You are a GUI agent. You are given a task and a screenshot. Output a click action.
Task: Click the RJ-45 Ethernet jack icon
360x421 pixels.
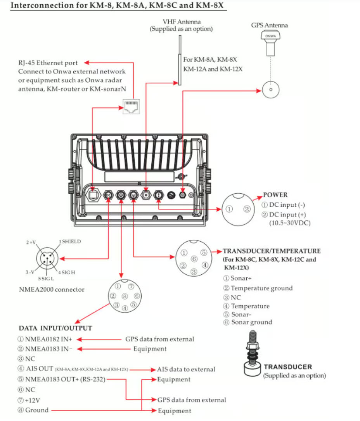pyautogui.click(x=131, y=107)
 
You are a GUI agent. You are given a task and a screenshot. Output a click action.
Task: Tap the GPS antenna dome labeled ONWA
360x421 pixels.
pyautogui.click(x=270, y=35)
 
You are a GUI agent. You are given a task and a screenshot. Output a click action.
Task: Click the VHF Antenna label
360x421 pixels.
pyautogui.click(x=182, y=22)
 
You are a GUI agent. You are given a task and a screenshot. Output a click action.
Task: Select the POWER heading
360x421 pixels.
pyautogui.click(x=275, y=195)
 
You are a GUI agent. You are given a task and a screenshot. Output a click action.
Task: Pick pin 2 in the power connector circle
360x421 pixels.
pyautogui.click(x=247, y=209)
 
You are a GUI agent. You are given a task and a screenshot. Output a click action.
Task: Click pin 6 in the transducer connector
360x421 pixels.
pyautogui.click(x=194, y=259)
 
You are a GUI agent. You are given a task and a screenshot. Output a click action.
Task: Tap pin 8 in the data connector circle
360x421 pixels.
pyautogui.click(x=125, y=296)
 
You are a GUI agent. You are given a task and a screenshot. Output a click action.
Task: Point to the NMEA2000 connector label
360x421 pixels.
pyautogui.click(x=52, y=289)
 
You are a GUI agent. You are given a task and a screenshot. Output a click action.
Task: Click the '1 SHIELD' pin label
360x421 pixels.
pyautogui.click(x=70, y=241)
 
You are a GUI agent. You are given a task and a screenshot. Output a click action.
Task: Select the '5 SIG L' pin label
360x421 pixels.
pyautogui.click(x=46, y=279)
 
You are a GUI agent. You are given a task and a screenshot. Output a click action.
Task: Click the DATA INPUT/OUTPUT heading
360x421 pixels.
pyautogui.click(x=55, y=328)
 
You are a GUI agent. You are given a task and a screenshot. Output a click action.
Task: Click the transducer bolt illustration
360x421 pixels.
pyautogui.click(x=252, y=353)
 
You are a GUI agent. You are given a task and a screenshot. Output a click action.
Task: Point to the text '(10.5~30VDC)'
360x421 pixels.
pyautogui.click(x=290, y=223)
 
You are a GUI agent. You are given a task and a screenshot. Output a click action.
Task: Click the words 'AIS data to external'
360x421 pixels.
pyautogui.click(x=186, y=369)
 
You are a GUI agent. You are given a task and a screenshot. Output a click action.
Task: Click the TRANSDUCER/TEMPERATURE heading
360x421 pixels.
pyautogui.click(x=272, y=251)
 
